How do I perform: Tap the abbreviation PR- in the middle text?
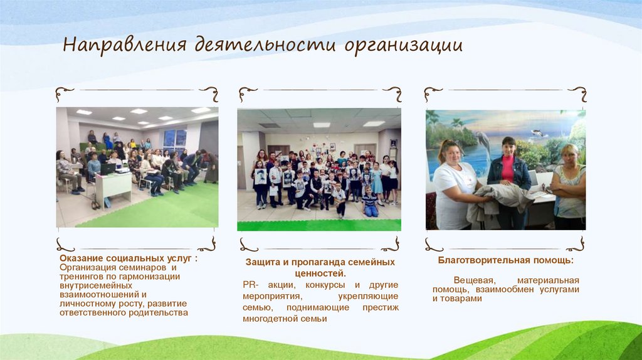click(250, 285)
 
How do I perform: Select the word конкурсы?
click(320, 285)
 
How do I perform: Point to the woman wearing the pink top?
click(508, 179)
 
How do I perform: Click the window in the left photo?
click(174, 139)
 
